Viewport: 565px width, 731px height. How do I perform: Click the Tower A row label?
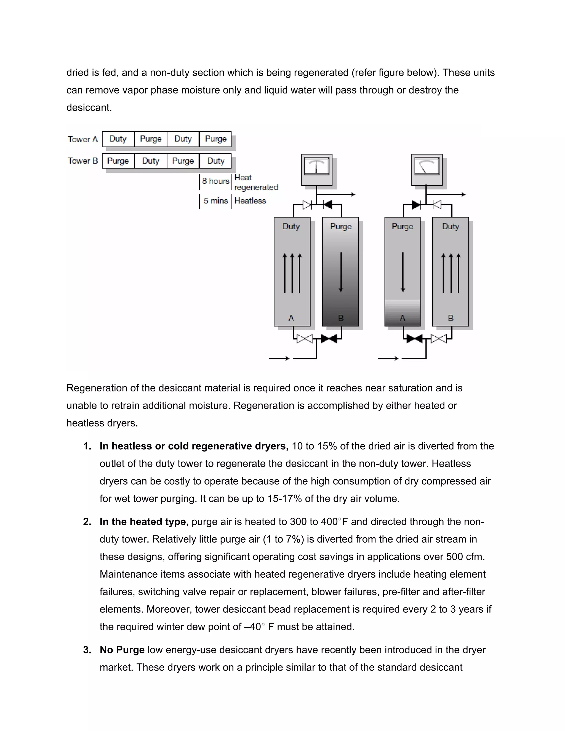click(83, 139)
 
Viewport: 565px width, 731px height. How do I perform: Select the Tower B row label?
click(83, 161)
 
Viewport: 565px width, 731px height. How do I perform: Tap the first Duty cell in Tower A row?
click(118, 139)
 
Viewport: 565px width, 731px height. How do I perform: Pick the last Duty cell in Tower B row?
click(215, 161)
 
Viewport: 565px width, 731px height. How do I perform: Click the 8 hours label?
click(215, 181)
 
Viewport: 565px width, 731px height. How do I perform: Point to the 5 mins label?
click(215, 201)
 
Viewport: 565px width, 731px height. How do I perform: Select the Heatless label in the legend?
click(250, 201)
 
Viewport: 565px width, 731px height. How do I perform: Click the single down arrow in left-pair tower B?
click(341, 272)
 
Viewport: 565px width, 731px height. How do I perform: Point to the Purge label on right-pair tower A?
click(402, 226)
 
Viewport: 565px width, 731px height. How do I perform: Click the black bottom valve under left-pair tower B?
click(329, 339)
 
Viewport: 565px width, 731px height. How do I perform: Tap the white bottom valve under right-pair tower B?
click(438, 339)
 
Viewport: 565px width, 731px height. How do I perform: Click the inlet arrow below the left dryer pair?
click(279, 359)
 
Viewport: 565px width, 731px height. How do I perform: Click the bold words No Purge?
click(122, 650)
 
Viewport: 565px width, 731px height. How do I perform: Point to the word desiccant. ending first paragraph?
click(89, 108)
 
